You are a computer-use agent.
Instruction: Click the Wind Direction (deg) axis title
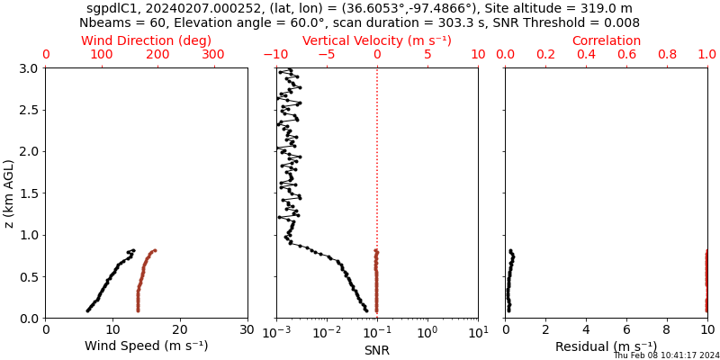147,40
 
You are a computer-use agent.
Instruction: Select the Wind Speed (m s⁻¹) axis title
147,346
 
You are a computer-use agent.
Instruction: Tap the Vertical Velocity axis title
376,40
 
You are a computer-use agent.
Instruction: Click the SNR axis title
376,350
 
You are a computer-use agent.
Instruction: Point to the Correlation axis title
606,40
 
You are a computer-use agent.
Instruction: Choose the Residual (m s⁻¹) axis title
606,346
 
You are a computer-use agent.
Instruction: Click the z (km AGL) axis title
10,193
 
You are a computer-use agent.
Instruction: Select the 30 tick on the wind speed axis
247,330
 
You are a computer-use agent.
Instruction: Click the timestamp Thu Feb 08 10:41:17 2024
666,355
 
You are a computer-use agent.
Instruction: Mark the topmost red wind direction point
155,251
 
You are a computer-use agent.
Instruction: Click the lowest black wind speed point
87,310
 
